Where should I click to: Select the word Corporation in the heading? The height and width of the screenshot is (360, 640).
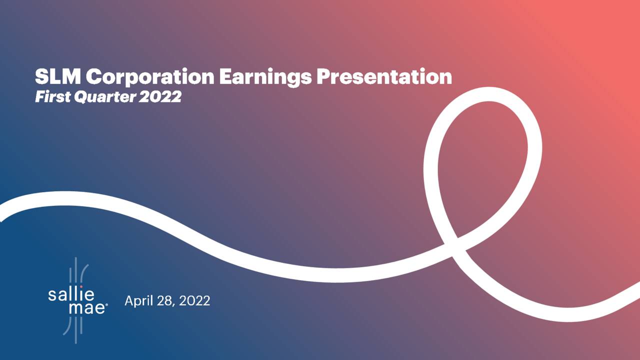(x=147, y=77)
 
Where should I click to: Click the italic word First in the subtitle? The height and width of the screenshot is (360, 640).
(x=51, y=97)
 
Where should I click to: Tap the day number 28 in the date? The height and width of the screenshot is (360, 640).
(x=164, y=301)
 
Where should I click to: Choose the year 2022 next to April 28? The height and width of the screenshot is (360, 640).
(x=194, y=301)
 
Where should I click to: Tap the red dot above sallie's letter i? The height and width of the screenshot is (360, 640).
(x=81, y=287)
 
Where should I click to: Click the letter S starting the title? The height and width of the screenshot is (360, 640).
(x=41, y=77)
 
